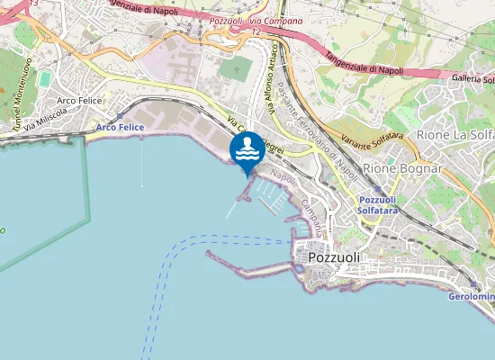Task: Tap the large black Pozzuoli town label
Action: tap(334, 257)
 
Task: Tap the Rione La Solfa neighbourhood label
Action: tap(455, 135)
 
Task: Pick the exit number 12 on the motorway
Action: tap(256, 31)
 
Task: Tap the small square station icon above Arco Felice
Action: tap(120, 116)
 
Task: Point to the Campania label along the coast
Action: tap(310, 216)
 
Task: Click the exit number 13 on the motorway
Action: tap(33, 4)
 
